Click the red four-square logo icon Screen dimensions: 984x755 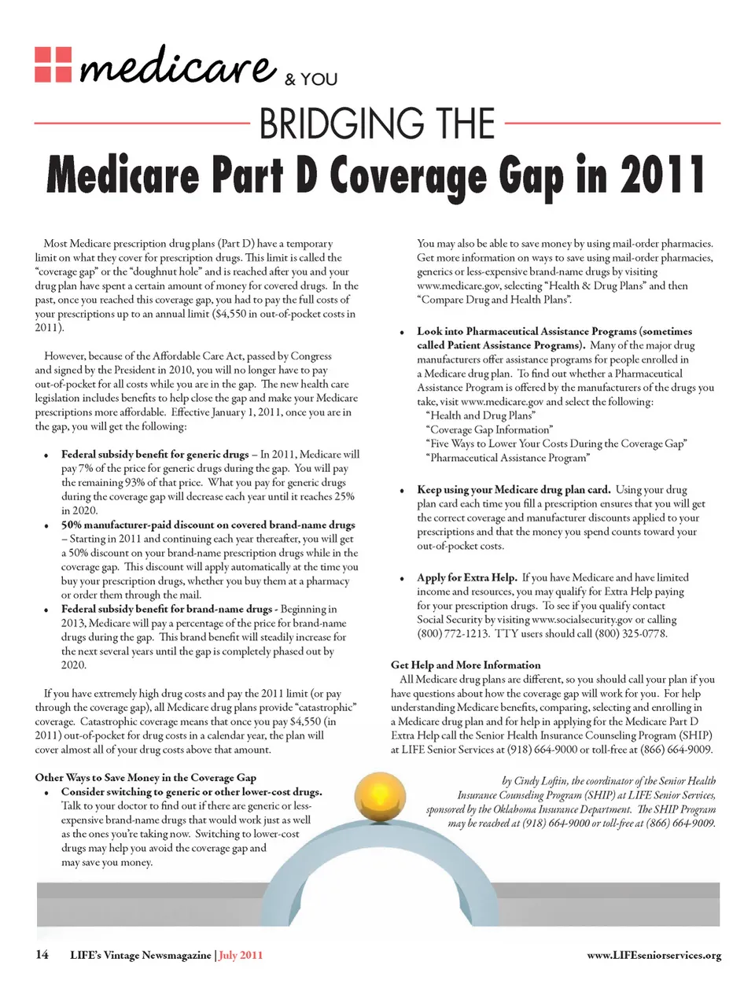53,64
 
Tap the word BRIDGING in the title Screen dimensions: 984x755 337,124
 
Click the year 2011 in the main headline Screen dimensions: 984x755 661,175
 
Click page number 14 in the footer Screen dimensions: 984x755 42,955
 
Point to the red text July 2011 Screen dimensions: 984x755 241,956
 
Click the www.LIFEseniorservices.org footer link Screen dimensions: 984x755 654,956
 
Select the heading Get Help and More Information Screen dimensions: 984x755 466,665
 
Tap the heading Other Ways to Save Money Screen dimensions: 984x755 145,777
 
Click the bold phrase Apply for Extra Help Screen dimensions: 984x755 466,577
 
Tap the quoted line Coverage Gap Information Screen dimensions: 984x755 489,429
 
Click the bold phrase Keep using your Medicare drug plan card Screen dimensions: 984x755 514,489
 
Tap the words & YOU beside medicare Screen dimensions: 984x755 311,79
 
